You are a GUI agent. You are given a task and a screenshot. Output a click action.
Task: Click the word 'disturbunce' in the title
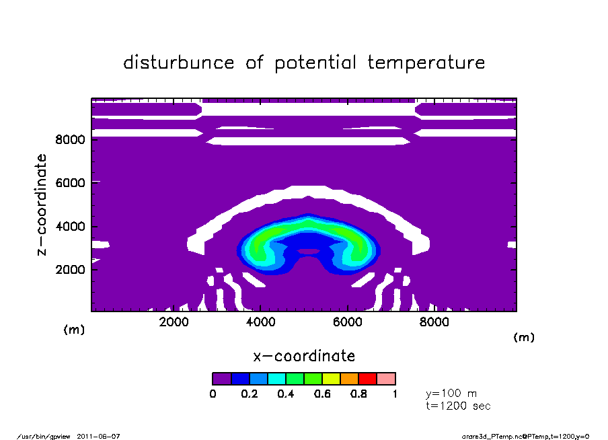click(179, 63)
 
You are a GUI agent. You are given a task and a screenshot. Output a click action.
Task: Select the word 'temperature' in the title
click(426, 63)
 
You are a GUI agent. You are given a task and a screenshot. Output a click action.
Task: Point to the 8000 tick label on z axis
click(70, 140)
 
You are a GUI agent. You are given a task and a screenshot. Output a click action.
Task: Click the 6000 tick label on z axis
click(70, 183)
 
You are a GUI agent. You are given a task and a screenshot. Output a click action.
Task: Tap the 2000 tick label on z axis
click(70, 270)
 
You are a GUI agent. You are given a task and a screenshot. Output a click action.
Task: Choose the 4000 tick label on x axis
click(260, 322)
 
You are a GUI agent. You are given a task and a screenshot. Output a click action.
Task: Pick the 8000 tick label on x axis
click(434, 322)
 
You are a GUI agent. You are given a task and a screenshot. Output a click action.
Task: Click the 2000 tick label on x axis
click(174, 322)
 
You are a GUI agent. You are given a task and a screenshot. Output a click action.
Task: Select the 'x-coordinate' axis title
click(304, 356)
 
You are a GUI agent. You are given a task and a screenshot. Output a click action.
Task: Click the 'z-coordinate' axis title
click(42, 205)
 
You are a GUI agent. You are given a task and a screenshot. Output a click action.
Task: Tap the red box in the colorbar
click(368, 379)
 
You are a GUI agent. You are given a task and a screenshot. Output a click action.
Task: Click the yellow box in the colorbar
click(332, 379)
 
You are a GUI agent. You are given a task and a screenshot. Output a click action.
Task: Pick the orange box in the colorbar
click(350, 379)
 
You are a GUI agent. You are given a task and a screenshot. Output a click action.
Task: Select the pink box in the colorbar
click(386, 379)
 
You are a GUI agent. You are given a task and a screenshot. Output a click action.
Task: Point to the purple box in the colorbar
click(222, 379)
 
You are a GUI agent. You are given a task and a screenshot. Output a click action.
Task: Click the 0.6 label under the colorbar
click(322, 394)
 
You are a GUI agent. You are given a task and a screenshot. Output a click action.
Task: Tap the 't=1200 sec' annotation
click(458, 406)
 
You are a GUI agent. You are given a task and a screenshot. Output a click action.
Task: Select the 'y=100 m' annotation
click(451, 394)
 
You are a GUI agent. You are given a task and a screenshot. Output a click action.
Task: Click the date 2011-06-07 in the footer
click(98, 437)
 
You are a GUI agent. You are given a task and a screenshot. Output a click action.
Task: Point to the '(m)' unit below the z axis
click(74, 330)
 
